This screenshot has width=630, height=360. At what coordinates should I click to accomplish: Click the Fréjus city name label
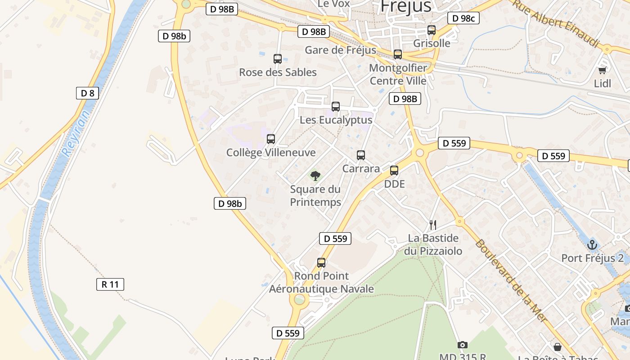coord(405,6)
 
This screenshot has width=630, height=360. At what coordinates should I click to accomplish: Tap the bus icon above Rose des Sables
coord(278,59)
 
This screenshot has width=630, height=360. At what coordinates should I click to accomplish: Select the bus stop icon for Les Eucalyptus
coord(336,107)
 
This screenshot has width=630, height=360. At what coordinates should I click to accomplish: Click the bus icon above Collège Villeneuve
coord(271,139)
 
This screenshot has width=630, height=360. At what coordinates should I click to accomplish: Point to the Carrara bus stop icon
coord(361,155)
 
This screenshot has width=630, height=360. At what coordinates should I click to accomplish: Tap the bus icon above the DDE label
coord(394,171)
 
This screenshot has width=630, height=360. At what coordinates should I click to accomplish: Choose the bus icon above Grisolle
coord(432,30)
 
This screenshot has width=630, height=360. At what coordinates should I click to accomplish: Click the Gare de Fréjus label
coord(340,50)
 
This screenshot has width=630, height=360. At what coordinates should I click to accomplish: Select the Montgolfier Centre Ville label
coord(398,74)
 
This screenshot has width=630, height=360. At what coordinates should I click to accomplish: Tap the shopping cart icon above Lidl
coord(603,70)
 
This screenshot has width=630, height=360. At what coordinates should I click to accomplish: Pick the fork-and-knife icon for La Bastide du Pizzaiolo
coord(433,225)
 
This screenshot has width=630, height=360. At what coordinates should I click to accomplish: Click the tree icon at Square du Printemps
coord(315,175)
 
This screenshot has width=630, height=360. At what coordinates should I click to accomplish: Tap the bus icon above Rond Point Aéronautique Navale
coord(321,263)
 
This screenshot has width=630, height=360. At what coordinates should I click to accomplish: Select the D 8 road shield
coord(87,93)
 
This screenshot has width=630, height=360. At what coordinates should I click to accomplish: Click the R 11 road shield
coord(110,284)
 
